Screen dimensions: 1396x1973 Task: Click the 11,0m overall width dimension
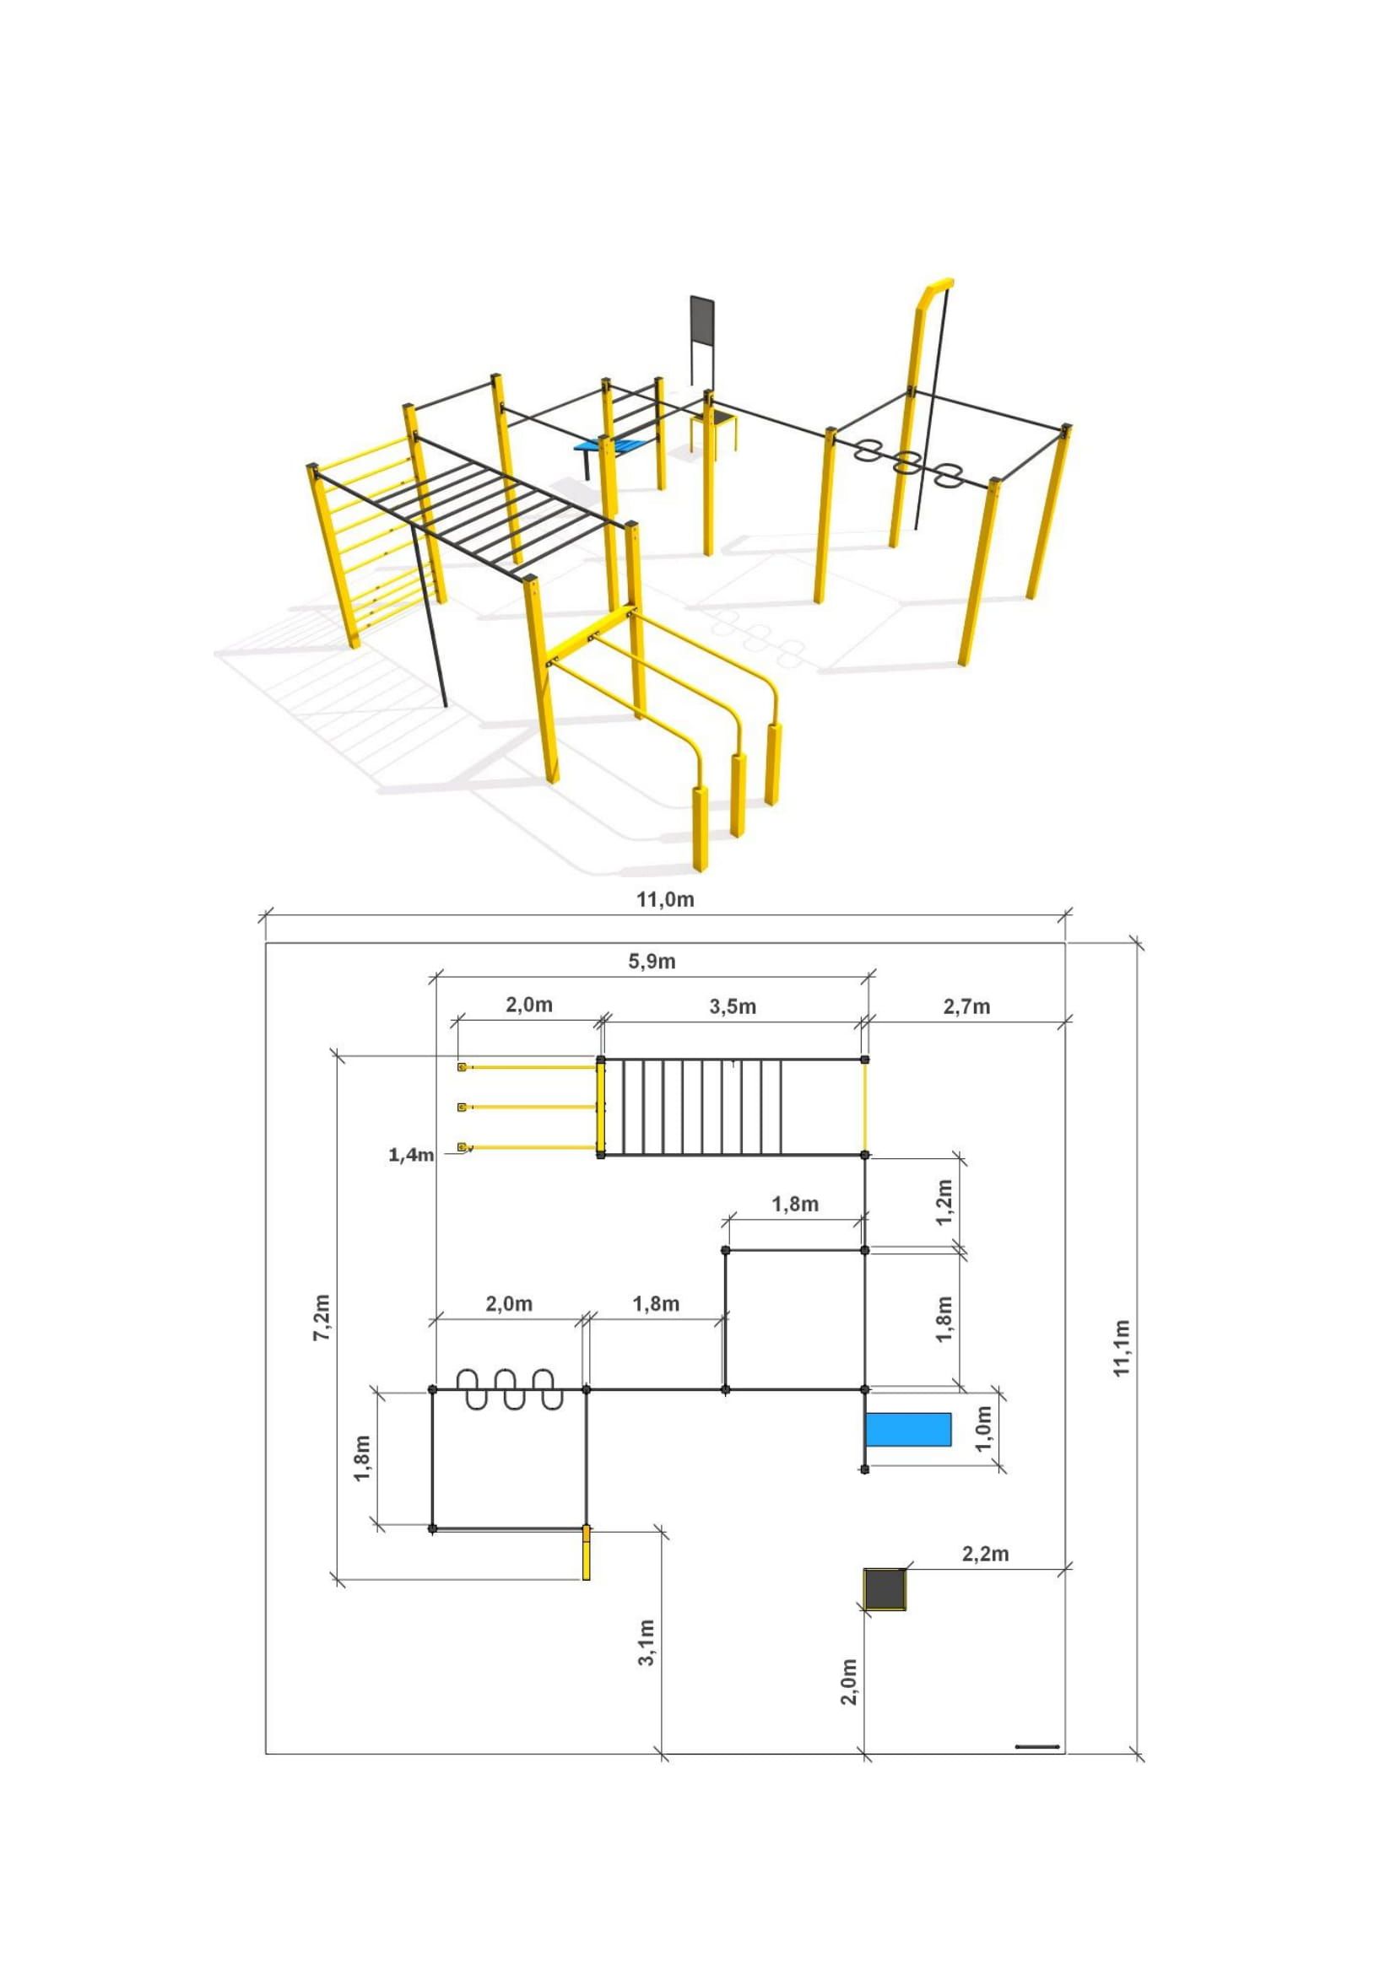click(x=664, y=900)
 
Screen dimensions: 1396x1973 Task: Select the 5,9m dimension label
click(x=652, y=962)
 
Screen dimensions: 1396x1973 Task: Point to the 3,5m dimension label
click(x=733, y=1006)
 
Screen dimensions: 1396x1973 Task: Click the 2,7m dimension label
click(x=966, y=1006)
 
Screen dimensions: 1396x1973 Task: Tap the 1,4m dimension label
click(x=411, y=1155)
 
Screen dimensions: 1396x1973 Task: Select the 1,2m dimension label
click(x=944, y=1202)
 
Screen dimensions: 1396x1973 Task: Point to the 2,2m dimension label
click(x=985, y=1553)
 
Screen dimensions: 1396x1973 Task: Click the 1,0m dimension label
click(x=984, y=1427)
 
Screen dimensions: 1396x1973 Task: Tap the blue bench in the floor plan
click(x=908, y=1429)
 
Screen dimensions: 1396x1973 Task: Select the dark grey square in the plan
click(x=885, y=1589)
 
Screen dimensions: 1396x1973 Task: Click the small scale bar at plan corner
click(x=1037, y=1746)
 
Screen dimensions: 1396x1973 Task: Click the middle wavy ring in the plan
click(x=509, y=1389)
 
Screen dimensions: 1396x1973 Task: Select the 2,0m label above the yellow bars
click(x=528, y=1005)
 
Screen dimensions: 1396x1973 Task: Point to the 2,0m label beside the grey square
click(x=848, y=1681)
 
